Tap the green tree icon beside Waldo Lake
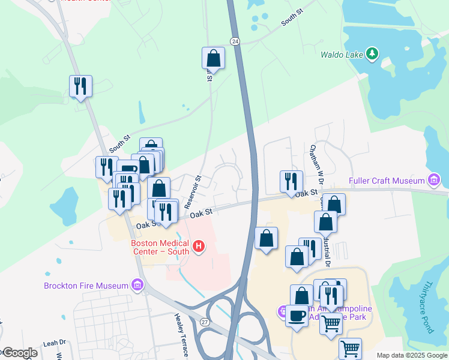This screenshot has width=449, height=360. point(373,55)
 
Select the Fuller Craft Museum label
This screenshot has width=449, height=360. point(387,181)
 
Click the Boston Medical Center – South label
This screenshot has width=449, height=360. point(160,247)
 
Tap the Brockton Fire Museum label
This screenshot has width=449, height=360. point(86,286)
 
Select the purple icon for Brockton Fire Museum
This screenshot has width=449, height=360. point(137,286)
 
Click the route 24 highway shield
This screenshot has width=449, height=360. point(235,41)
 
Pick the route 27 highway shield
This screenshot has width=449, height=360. point(205,322)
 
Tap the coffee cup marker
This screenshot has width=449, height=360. point(295,316)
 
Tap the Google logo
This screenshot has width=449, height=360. point(19,353)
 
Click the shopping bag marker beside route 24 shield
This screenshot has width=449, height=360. point(213,58)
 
